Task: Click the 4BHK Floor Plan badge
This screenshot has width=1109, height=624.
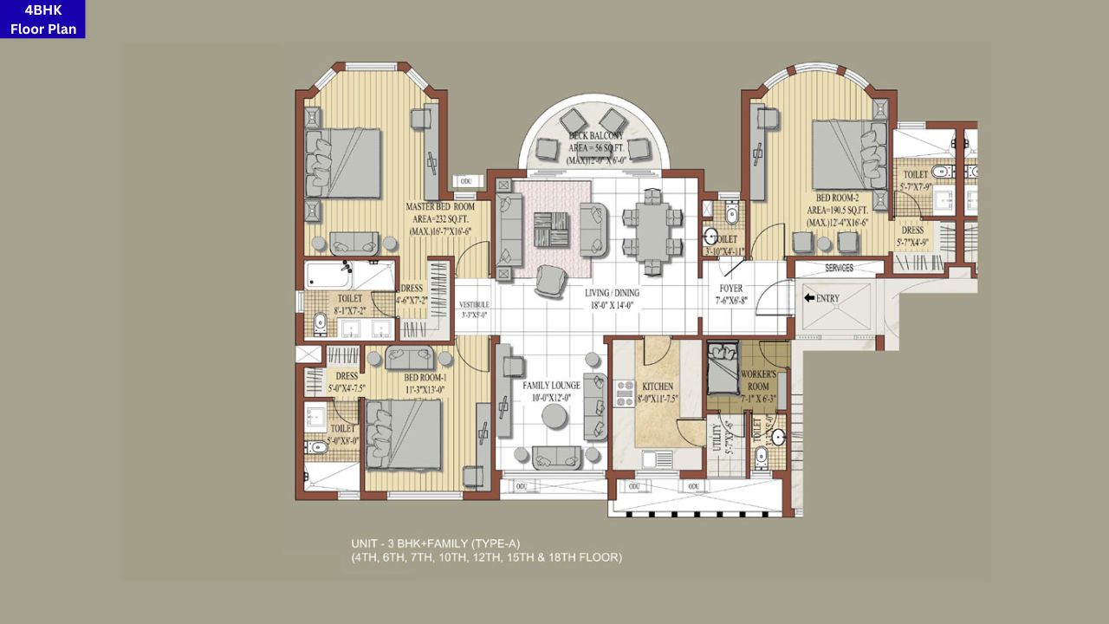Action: tap(42, 19)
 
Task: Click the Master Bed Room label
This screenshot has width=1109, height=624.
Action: tap(440, 207)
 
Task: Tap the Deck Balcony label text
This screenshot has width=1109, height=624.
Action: tap(595, 136)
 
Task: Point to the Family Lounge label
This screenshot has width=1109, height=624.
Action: tap(551, 385)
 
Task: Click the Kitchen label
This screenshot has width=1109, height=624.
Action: tap(658, 387)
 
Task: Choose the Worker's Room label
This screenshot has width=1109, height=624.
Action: tap(758, 380)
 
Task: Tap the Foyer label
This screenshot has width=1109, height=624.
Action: tap(730, 289)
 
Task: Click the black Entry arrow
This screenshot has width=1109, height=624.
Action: tap(810, 298)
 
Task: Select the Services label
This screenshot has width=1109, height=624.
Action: tap(839, 268)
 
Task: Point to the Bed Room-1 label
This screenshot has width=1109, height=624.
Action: tap(425, 378)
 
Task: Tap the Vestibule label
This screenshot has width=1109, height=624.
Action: tap(474, 305)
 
